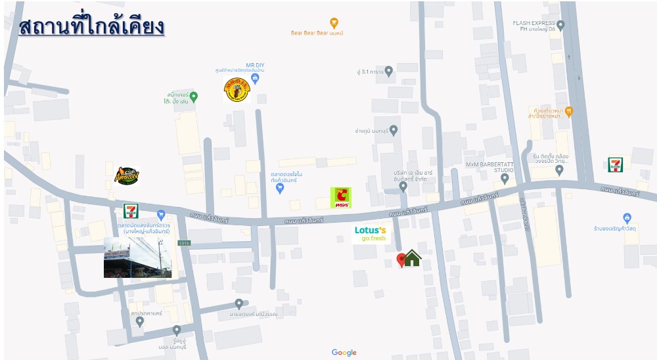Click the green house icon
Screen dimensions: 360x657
(412, 258)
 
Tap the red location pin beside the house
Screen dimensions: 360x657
(401, 260)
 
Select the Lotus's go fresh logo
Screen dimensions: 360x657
(370, 234)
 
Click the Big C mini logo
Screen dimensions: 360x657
(340, 197)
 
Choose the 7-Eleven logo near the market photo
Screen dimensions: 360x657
(131, 211)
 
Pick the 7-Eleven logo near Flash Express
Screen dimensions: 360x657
(616, 165)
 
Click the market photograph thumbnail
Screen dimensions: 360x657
(137, 258)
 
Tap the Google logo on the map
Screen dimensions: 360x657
(344, 353)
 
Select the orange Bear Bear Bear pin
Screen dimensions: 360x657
(334, 23)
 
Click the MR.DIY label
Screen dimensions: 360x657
(255, 65)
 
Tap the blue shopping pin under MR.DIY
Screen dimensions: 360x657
(256, 79)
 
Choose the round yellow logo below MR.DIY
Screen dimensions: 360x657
(237, 90)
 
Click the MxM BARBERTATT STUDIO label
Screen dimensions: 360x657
(489, 166)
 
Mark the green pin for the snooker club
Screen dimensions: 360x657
(193, 97)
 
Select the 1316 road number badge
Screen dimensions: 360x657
(184, 243)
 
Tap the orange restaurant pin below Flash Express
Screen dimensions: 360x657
(568, 111)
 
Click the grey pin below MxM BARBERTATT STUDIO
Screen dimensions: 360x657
(505, 178)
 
